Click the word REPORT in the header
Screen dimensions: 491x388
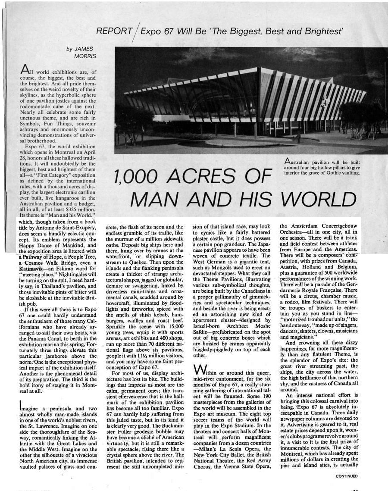coord(114,31)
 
